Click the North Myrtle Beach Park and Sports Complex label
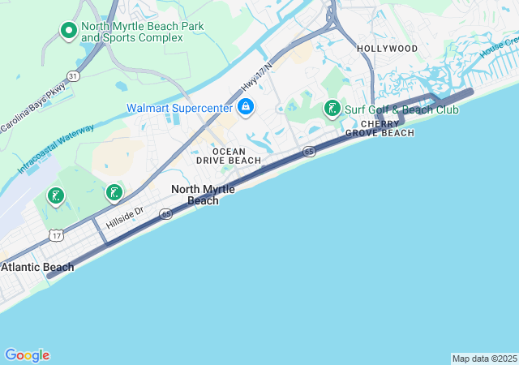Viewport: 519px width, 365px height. pos(143,32)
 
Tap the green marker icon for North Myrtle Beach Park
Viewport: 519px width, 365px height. pos(69,31)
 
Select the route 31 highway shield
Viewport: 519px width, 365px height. pos(74,75)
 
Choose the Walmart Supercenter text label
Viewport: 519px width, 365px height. pos(178,108)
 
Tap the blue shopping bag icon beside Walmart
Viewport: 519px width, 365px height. pos(245,107)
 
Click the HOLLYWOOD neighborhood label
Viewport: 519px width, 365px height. pos(388,49)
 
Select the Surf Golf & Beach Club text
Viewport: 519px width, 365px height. pos(397,109)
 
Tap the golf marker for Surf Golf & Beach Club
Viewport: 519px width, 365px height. pos(332,109)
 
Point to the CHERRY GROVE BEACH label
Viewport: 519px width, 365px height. pos(380,128)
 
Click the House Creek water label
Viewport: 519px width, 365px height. pos(498,49)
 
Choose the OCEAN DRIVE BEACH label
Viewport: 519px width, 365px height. pos(229,156)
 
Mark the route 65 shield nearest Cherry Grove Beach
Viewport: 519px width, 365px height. pos(310,152)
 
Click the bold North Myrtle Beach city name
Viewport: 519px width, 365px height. pos(203,195)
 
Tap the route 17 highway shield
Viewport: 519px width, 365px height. pos(55,235)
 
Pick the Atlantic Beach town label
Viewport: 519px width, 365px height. pos(37,267)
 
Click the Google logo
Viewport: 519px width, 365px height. pos(27,355)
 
